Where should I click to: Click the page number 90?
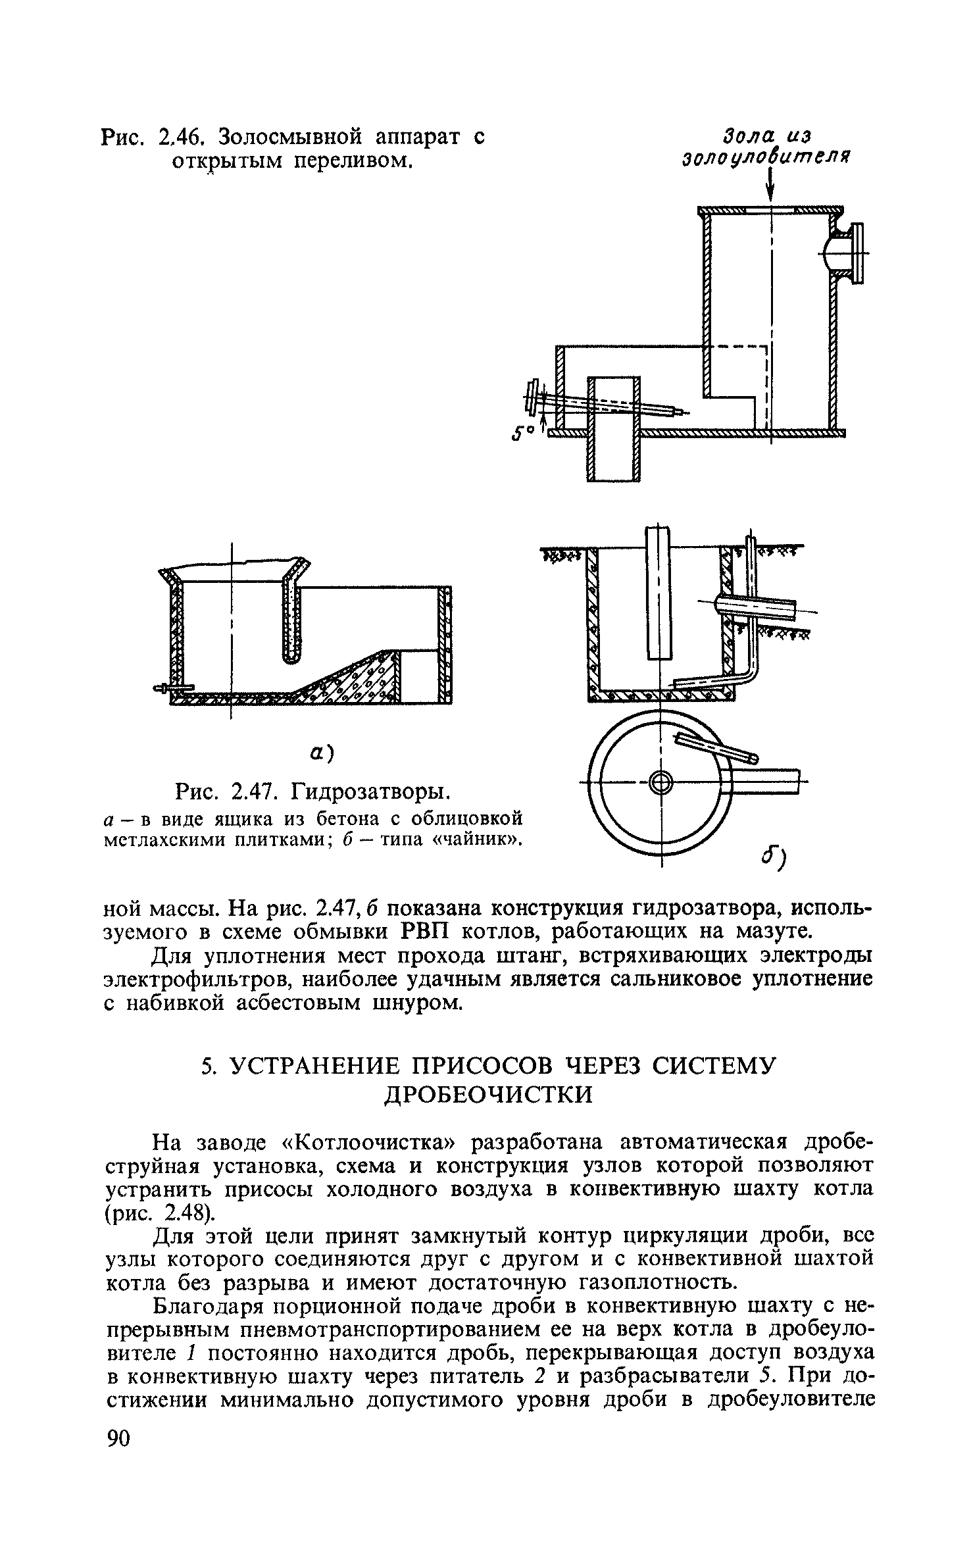(x=118, y=1455)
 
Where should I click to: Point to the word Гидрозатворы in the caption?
(x=368, y=790)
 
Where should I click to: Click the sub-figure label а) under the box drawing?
(x=320, y=753)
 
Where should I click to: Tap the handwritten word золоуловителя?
(x=767, y=159)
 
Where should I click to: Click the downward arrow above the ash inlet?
(x=770, y=188)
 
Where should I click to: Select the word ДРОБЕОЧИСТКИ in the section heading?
(x=488, y=1095)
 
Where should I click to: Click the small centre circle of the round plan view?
(x=660, y=783)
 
